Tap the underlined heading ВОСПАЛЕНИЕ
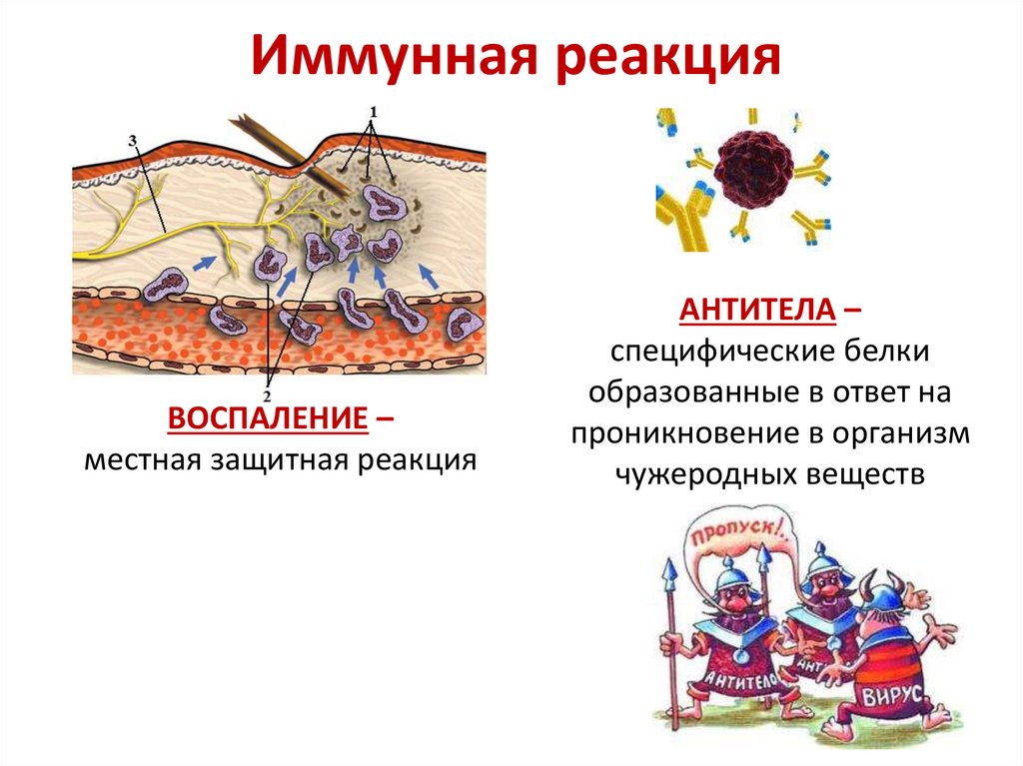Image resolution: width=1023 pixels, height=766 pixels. tap(266, 419)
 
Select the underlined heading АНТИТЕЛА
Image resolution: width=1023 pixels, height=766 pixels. tap(757, 311)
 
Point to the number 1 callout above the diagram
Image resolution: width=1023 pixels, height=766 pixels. tap(374, 109)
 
